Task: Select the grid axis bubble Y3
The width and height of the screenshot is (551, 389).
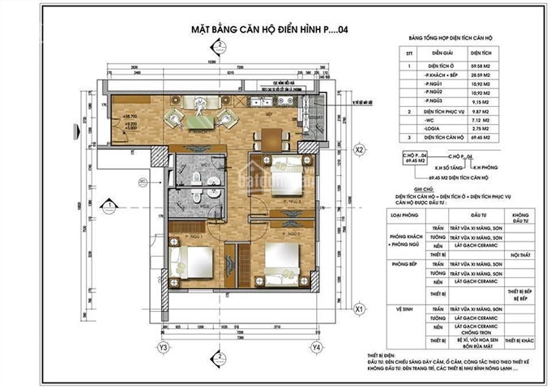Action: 164,348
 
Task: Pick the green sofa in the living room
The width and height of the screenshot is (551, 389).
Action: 199,122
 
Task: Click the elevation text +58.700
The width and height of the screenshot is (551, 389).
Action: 129,116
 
